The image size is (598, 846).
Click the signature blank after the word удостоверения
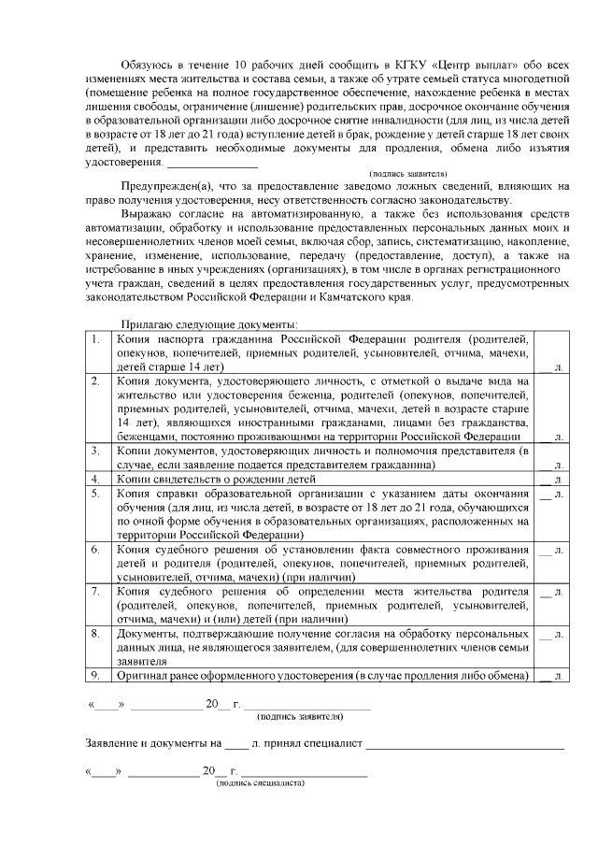(x=212, y=162)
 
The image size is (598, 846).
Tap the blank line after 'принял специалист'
(x=464, y=746)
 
